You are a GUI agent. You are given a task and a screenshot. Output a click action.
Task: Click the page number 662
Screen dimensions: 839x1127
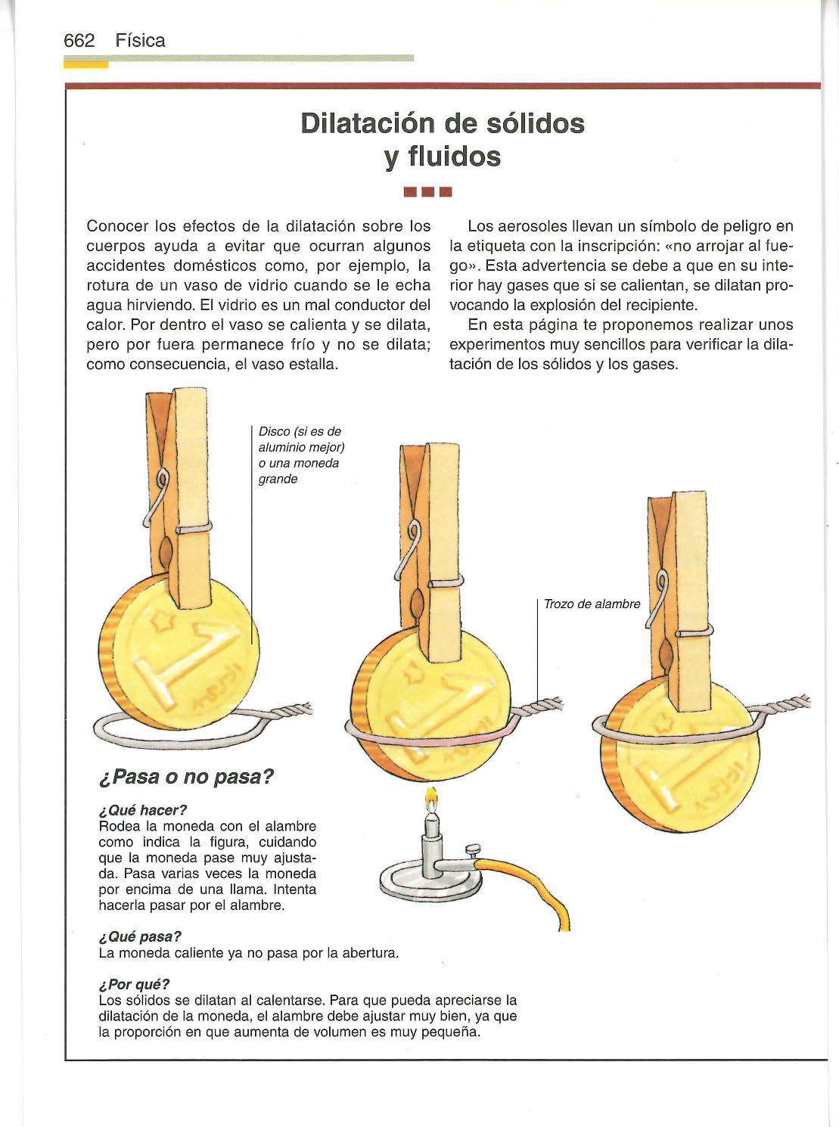click(x=79, y=41)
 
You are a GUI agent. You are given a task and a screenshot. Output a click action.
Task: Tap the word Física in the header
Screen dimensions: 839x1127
click(x=140, y=41)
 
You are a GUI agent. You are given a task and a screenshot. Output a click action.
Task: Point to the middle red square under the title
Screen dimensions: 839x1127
click(x=427, y=192)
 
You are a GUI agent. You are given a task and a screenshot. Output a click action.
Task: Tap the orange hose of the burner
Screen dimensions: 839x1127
click(x=529, y=886)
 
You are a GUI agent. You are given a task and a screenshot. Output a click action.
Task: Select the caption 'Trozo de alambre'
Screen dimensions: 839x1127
click(x=592, y=604)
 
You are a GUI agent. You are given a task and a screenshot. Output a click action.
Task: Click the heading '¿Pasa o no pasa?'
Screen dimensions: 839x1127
click(x=186, y=776)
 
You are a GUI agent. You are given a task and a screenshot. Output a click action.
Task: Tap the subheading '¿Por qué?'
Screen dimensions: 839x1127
click(x=134, y=984)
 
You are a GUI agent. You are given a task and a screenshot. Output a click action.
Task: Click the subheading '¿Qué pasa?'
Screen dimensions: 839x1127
click(x=140, y=936)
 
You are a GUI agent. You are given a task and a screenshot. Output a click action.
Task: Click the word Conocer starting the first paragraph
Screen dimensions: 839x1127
click(x=117, y=225)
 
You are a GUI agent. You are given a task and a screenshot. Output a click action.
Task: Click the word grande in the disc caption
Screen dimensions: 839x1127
click(x=278, y=479)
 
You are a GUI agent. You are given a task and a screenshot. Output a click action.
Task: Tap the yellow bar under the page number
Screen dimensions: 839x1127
click(x=86, y=64)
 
